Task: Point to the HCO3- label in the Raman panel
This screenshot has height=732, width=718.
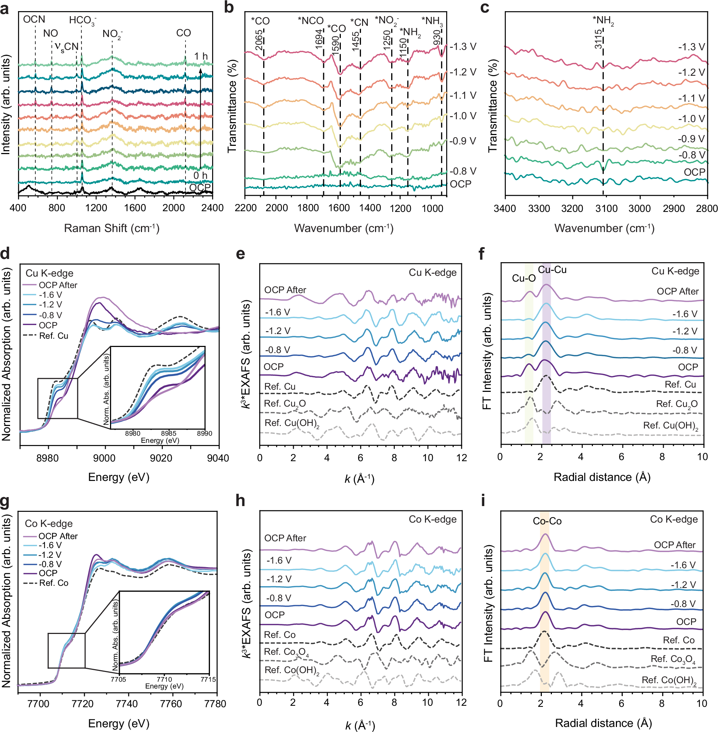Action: pos(82,20)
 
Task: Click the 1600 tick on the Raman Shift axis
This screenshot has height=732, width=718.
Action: pos(134,208)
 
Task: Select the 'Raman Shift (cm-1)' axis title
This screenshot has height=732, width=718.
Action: pos(111,228)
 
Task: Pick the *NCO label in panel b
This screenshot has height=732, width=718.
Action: pos(310,21)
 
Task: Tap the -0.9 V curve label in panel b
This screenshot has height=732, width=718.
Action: pos(463,141)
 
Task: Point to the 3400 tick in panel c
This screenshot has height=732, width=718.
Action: pos(505,208)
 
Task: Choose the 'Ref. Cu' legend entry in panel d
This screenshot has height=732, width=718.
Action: pos(54,336)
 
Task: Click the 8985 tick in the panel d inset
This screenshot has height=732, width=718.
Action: pos(169,433)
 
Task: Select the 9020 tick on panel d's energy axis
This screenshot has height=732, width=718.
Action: pos(161,458)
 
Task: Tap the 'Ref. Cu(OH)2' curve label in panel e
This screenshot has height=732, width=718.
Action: pos(292,423)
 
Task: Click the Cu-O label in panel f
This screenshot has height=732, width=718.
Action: pos(523,278)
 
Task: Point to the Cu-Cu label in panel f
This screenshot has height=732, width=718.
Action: pos(552,270)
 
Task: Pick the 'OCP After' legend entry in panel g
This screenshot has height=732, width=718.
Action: pos(58,536)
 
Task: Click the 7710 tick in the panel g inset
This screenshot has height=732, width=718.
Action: pos(164,679)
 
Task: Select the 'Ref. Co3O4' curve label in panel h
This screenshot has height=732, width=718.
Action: pos(286,652)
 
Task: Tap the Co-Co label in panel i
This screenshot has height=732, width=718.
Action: pos(547,521)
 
